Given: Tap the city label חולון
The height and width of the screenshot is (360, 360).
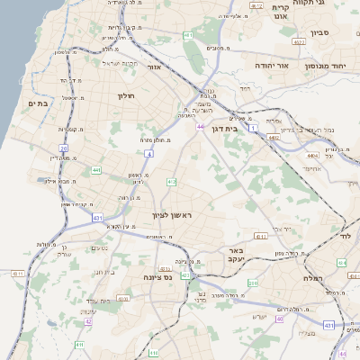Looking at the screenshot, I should click(x=125, y=94).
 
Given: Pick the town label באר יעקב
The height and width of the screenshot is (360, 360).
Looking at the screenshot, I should click(x=235, y=254).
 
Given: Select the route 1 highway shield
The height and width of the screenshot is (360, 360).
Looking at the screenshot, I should click(x=254, y=131).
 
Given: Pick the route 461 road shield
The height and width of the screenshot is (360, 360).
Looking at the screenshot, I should click(x=188, y=35).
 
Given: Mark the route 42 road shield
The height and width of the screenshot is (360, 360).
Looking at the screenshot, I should click(x=88, y=321).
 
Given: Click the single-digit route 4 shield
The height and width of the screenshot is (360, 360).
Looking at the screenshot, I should click(x=149, y=154).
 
